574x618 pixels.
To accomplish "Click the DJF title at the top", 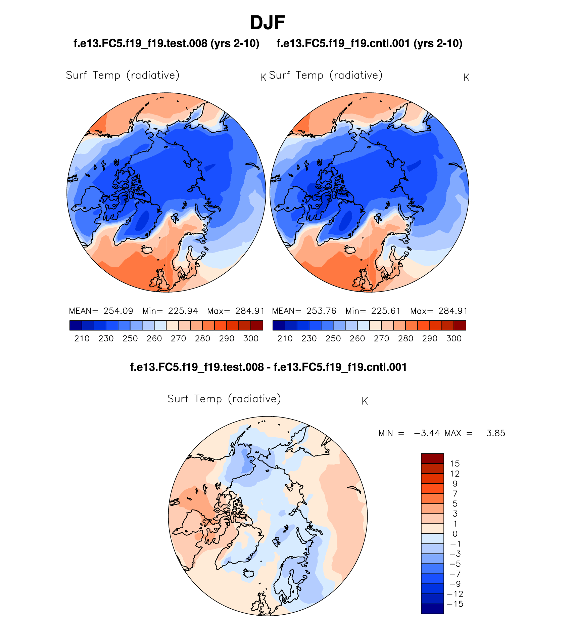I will tap(267, 23).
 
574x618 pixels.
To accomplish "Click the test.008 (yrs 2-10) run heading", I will tap(166, 44).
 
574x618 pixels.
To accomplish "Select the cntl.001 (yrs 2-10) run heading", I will tap(370, 44).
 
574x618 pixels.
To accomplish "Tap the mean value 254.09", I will tap(118, 311).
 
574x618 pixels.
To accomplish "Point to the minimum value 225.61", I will tap(386, 311).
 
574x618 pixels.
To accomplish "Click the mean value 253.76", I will tap(321, 311).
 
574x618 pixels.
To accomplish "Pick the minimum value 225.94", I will tap(183, 311).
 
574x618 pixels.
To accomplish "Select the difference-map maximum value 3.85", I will tap(495, 433).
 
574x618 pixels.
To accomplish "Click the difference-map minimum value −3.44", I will tap(427, 433).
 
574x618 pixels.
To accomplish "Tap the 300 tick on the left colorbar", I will tap(251, 339).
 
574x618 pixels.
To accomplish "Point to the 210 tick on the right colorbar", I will tap(285, 339).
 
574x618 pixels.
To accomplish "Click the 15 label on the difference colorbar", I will tap(455, 464).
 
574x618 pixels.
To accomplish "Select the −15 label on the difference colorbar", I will tap(455, 604).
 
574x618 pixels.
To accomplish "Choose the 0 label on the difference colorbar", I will tap(455, 534).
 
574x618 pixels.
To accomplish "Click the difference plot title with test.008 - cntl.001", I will tap(268, 367).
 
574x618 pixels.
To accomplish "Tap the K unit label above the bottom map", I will tap(365, 401).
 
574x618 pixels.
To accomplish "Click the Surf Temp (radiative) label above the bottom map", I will tap(224, 399).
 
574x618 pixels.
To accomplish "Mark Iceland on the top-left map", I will tap(147, 250).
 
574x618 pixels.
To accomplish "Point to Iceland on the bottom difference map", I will tap(249, 573).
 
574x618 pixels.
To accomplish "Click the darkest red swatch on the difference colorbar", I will tap(432, 458).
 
